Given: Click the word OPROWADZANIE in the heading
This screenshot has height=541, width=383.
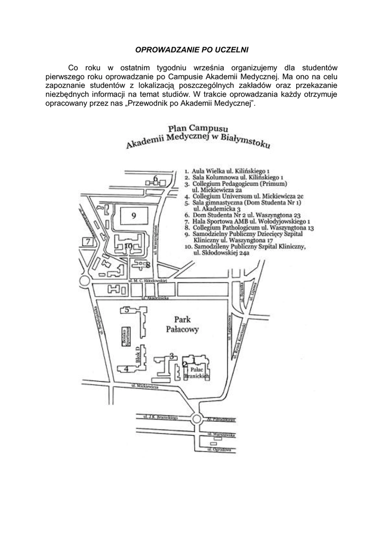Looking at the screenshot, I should tap(162, 50).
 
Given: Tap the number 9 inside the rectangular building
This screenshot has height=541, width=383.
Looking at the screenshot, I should tap(134, 215).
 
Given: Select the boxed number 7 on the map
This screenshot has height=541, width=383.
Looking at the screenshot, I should tap(88, 242).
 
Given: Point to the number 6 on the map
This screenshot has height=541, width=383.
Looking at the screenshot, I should tap(156, 178).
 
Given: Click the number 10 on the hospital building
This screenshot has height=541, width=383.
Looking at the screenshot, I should tap(128, 245).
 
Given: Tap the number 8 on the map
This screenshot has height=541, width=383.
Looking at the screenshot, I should tap(148, 264).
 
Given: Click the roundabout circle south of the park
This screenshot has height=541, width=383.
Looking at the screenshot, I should tap(196, 419).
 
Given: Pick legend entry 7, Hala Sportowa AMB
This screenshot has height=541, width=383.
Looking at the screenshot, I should tap(247, 222).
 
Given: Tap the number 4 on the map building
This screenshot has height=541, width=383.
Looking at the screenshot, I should tap(126, 368).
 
